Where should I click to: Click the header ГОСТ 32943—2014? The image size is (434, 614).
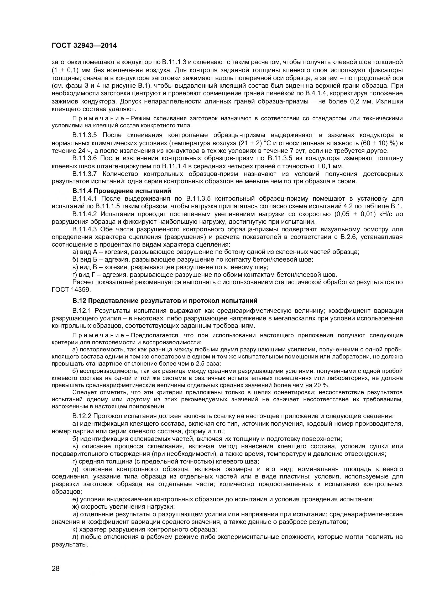[84, 46]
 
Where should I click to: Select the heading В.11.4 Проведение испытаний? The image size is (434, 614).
[122, 191]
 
